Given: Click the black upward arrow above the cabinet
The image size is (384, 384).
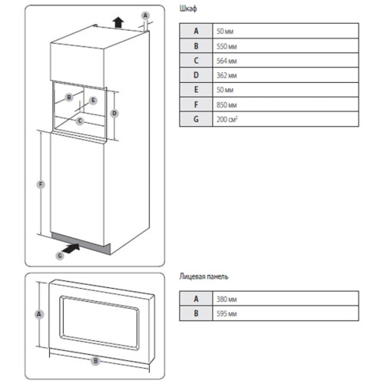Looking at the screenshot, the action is click(x=118, y=22).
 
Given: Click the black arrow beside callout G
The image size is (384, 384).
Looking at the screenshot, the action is click(x=71, y=248).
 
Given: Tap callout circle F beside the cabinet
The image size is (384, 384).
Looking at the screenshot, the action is click(x=41, y=184).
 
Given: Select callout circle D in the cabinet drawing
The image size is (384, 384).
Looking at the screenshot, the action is click(x=114, y=113).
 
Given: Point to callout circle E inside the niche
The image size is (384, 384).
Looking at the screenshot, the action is click(x=93, y=101).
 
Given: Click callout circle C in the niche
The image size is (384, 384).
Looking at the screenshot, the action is click(x=80, y=121).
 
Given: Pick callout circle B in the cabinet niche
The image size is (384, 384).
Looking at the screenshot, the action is click(x=69, y=98).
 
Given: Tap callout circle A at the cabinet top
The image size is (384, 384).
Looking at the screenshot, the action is click(x=145, y=15).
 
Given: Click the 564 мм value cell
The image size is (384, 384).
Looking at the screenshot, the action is click(x=286, y=61).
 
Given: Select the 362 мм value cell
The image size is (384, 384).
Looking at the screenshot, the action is click(x=286, y=75).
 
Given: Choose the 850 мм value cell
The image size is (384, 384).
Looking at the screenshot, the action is click(x=286, y=104).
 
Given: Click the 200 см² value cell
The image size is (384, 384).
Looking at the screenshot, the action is click(x=286, y=119).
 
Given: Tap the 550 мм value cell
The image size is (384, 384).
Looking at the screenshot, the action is click(x=286, y=46).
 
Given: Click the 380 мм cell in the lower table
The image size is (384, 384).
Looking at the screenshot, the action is click(x=286, y=299).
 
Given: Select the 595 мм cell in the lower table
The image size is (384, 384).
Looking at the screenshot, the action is click(x=286, y=313).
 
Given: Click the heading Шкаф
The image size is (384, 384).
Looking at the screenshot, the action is click(x=188, y=9).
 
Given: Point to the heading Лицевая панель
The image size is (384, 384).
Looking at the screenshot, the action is click(x=204, y=276).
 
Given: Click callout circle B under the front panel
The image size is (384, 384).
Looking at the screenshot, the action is click(x=95, y=361).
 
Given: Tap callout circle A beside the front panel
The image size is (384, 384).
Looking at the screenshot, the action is click(x=39, y=314).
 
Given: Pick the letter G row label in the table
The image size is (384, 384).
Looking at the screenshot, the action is click(x=196, y=119).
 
